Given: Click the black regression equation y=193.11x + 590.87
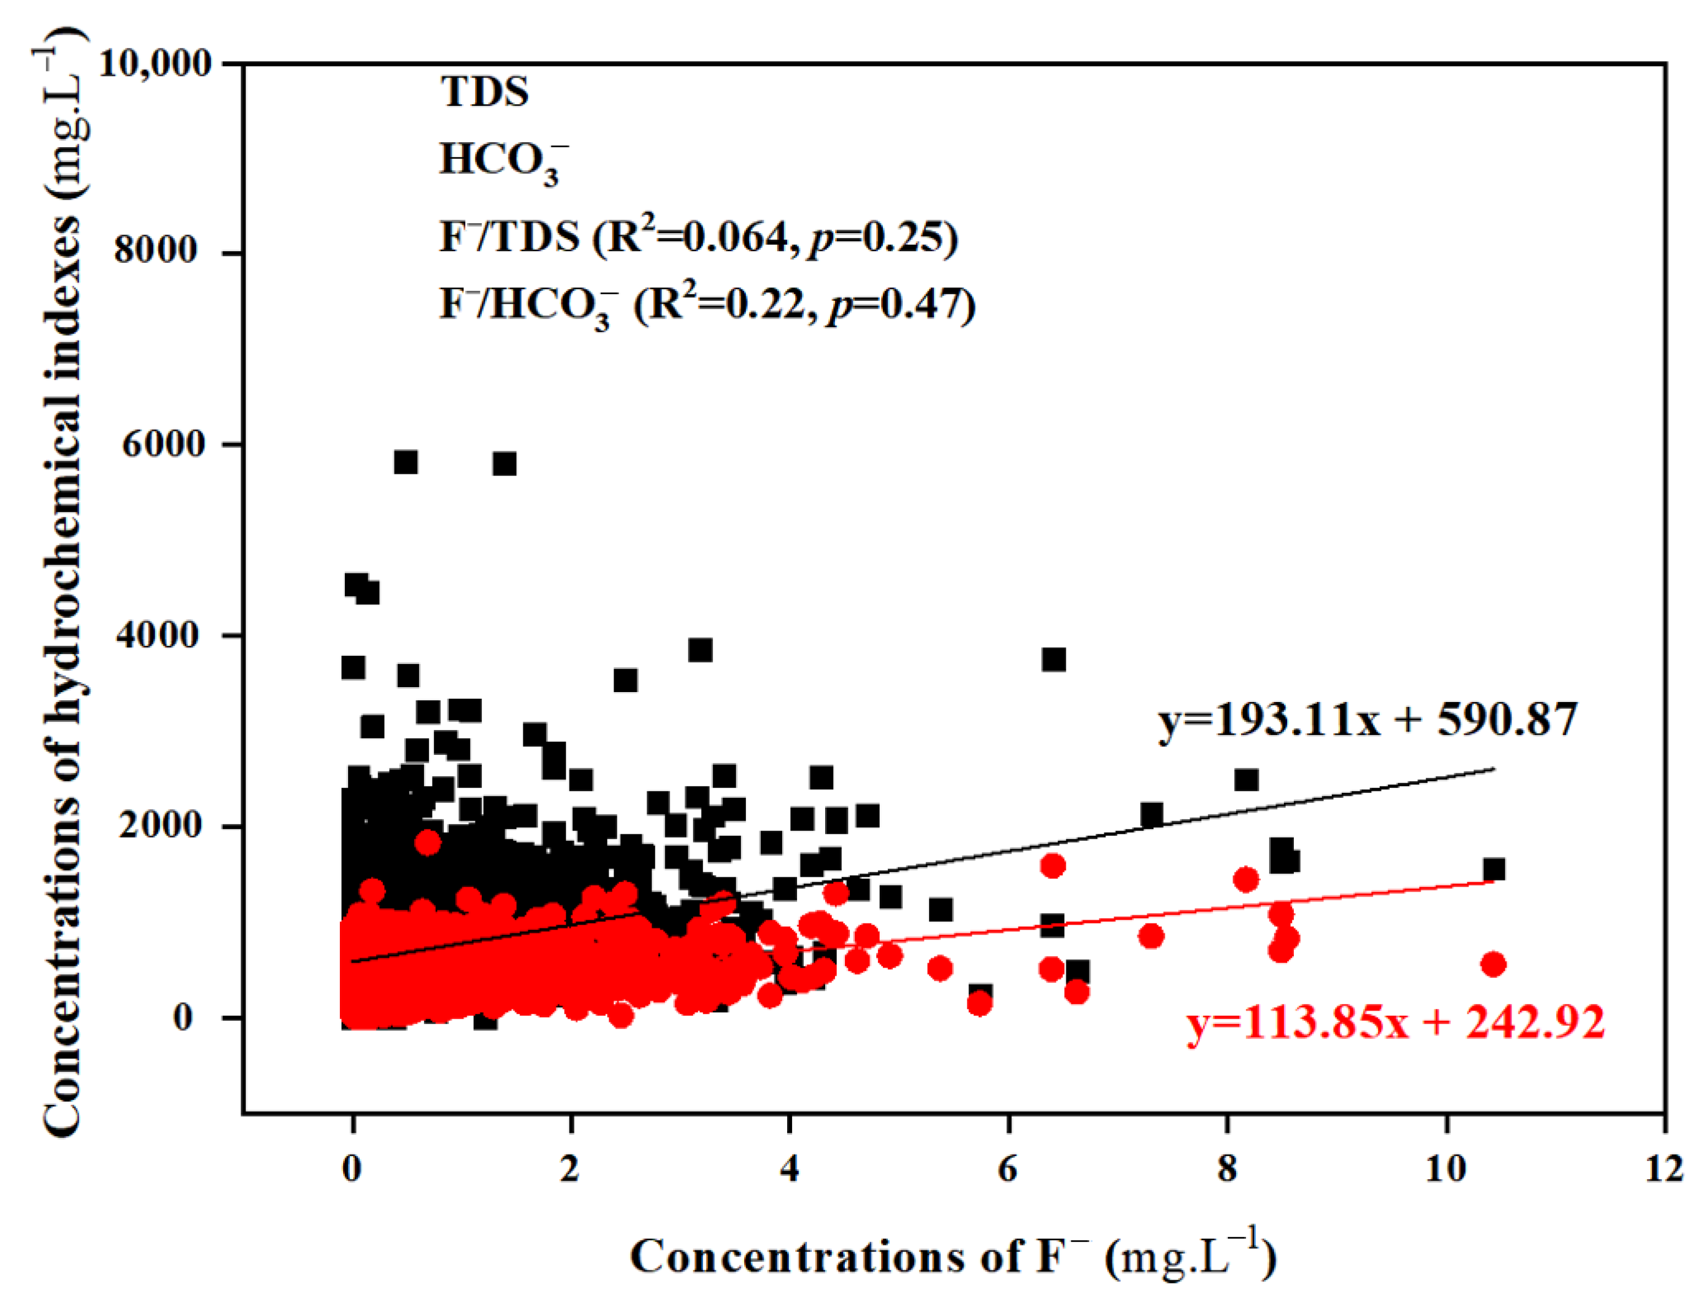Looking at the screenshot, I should tap(1367, 720).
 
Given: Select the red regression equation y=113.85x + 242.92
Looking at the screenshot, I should tap(1396, 1022).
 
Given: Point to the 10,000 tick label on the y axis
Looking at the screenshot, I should tap(155, 63).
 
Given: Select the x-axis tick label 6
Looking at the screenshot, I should tap(1008, 1168).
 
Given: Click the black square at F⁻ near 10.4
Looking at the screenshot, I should tap(1494, 870).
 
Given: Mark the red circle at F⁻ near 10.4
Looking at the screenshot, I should tap(1493, 964).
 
